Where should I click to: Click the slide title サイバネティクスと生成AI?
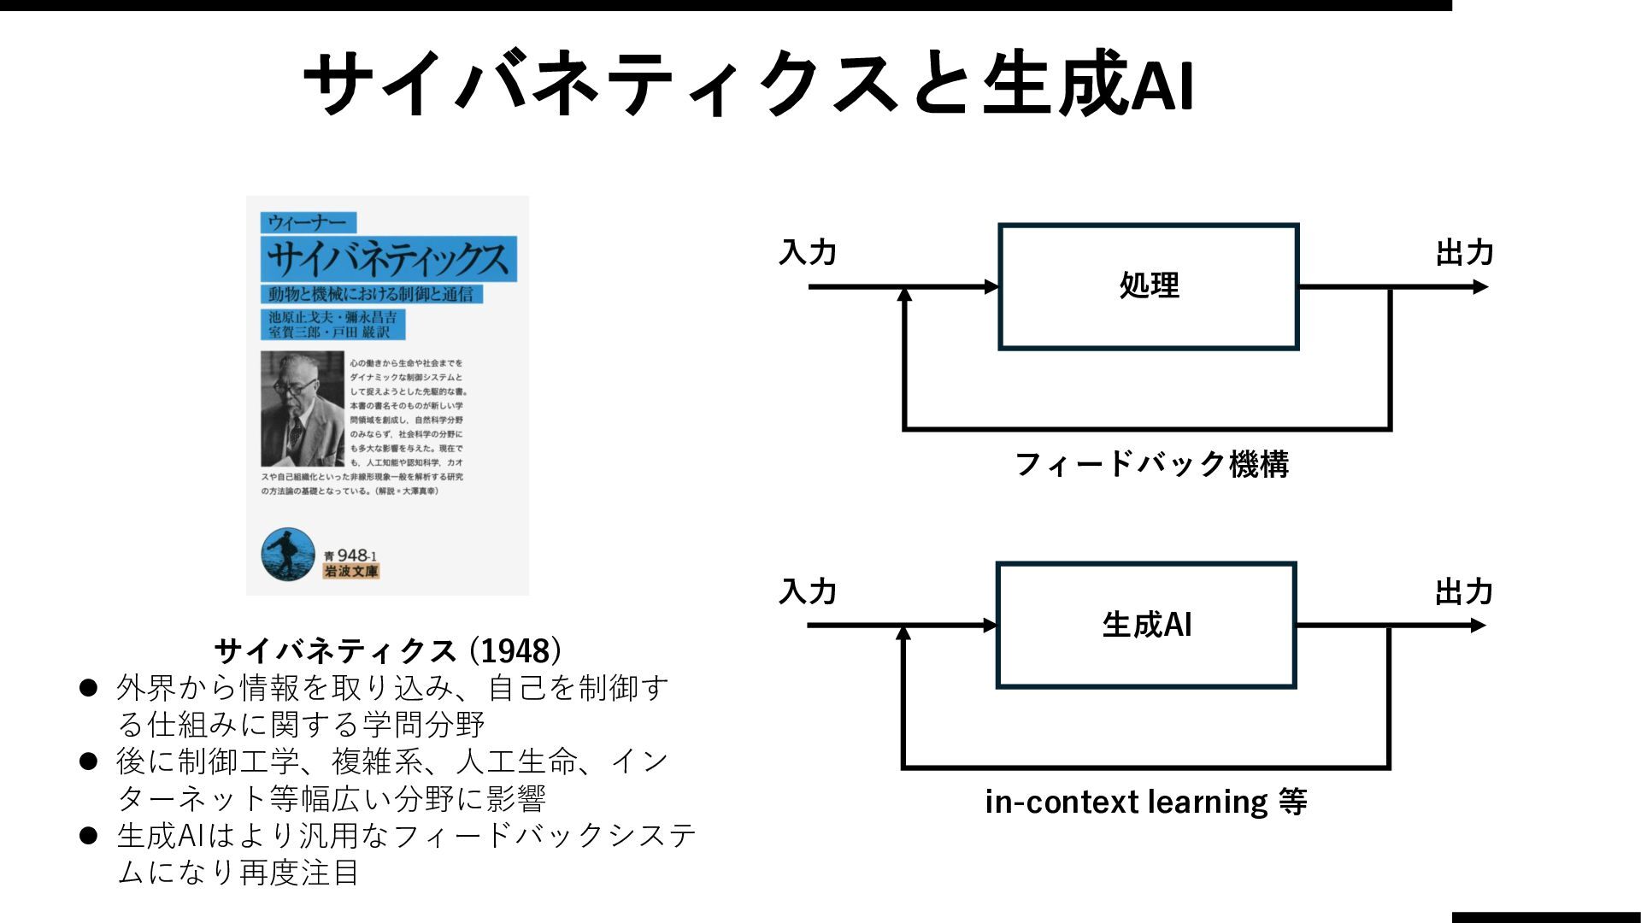pos(749,84)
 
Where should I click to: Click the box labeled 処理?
pos(1148,286)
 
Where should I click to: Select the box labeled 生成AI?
pos(1146,625)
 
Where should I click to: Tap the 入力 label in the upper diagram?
pos(808,253)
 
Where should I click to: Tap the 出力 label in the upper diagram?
pos(1464,253)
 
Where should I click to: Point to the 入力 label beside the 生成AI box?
pos(808,591)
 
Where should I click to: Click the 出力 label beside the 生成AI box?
pos(1463,591)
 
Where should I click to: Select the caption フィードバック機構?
pos(1151,464)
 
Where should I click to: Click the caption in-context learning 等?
pos(1145,802)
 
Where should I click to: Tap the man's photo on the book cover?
pos(302,409)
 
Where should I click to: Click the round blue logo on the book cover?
pos(288,555)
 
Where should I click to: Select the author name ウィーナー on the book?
pos(308,223)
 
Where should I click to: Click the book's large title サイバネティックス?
pos(388,258)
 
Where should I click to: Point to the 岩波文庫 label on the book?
pos(351,572)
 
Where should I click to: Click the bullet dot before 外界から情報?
pos(89,688)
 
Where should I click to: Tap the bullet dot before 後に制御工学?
pos(89,761)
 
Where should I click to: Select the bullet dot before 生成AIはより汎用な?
pos(89,835)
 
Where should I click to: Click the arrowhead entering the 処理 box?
pos(991,287)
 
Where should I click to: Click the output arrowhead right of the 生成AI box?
pos(1479,626)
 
